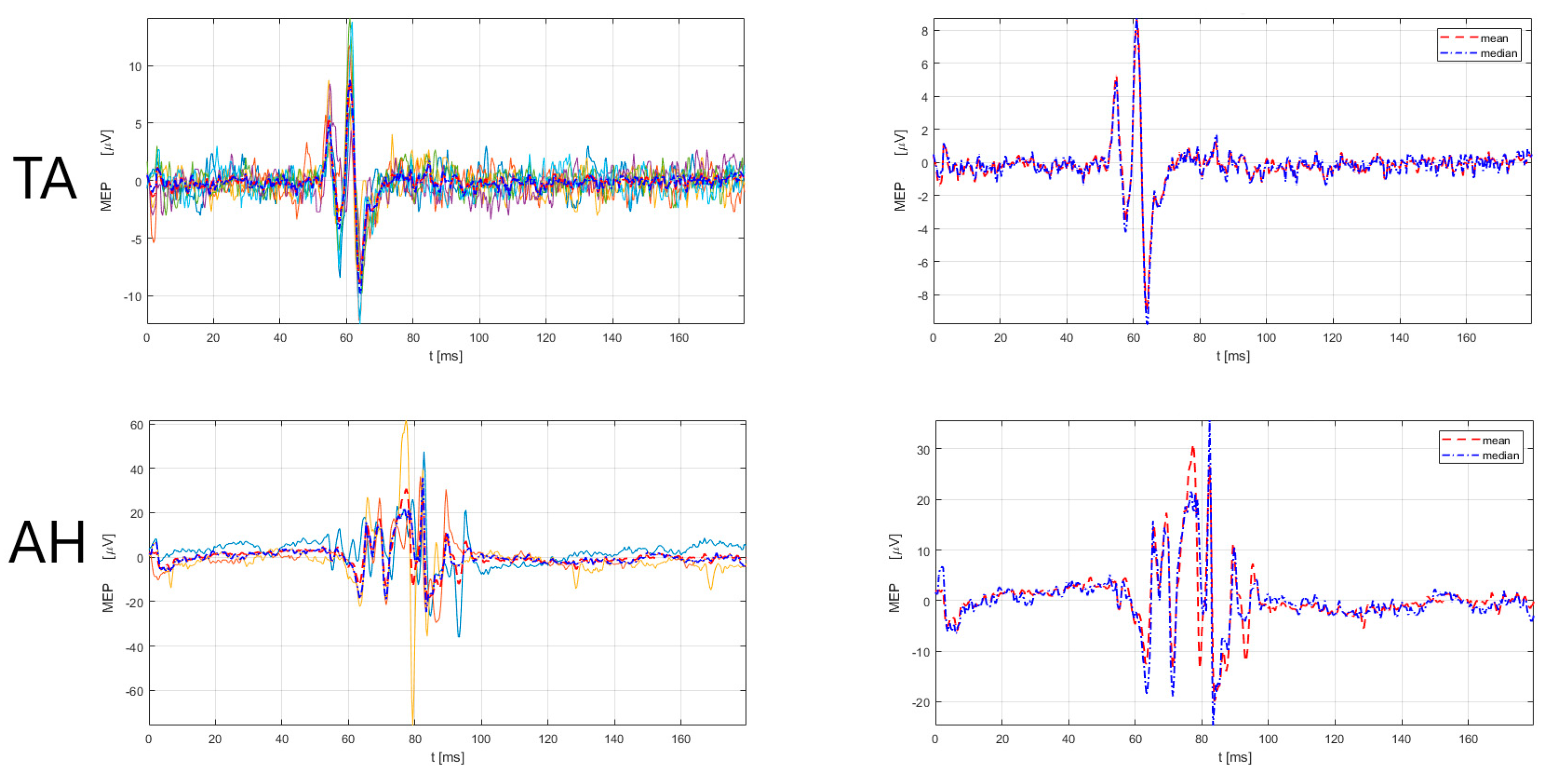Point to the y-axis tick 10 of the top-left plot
pos(135,66)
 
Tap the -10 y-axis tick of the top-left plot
pos(133,297)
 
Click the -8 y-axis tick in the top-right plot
pos(923,296)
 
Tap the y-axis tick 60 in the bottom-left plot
pos(137,425)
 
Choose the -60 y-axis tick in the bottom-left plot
pos(134,691)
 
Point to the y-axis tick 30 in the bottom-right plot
pos(923,450)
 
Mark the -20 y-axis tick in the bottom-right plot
pos(921,703)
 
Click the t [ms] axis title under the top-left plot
pos(445,356)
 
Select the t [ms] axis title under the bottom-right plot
pos(1235,757)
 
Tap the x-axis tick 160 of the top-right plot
pos(1466,338)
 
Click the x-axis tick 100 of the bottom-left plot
pos(481,739)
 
